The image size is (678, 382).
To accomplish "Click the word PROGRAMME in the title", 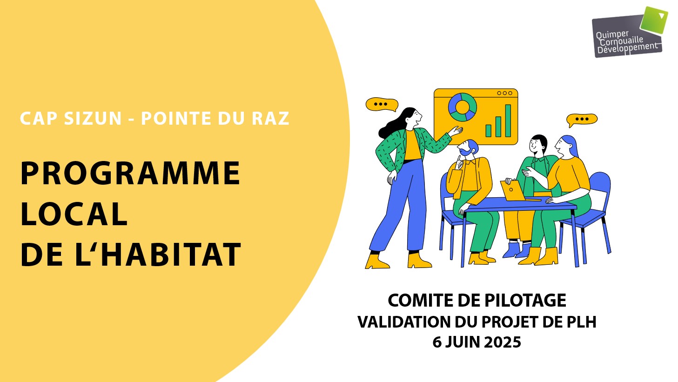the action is click(130, 173).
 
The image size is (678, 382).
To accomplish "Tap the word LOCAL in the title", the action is click(74, 214).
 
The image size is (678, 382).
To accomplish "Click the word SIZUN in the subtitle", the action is click(93, 118).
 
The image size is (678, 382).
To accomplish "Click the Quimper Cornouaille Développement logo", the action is click(630, 32).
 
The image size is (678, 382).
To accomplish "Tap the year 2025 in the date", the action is click(503, 342).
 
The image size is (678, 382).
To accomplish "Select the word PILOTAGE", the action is click(525, 300).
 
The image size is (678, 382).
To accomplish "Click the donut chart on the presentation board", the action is click(463, 107).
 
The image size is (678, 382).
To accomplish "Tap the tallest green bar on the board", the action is click(508, 121).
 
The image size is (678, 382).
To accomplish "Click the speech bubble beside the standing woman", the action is click(382, 104).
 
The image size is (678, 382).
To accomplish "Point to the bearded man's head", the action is click(468, 147).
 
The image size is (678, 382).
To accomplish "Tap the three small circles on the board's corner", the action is click(504, 93).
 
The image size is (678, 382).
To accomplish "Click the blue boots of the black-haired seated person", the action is click(517, 249).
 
